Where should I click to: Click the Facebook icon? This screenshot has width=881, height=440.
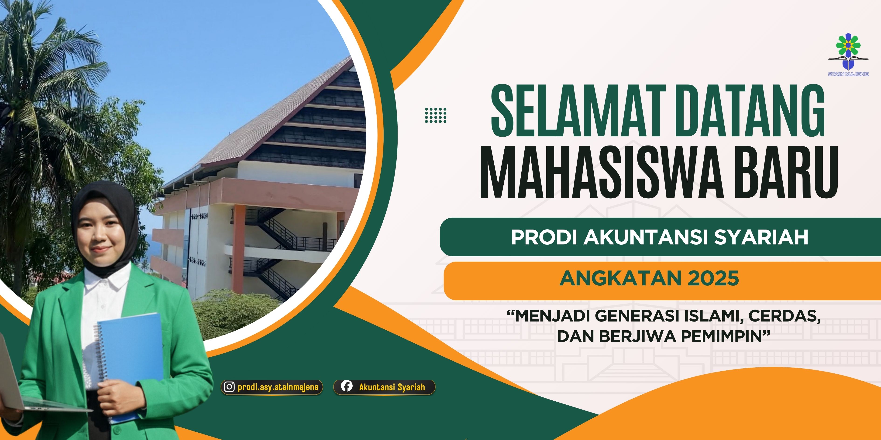click(x=346, y=386)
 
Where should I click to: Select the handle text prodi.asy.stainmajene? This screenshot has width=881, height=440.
click(x=278, y=387)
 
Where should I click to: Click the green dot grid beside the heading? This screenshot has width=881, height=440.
click(x=435, y=115)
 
